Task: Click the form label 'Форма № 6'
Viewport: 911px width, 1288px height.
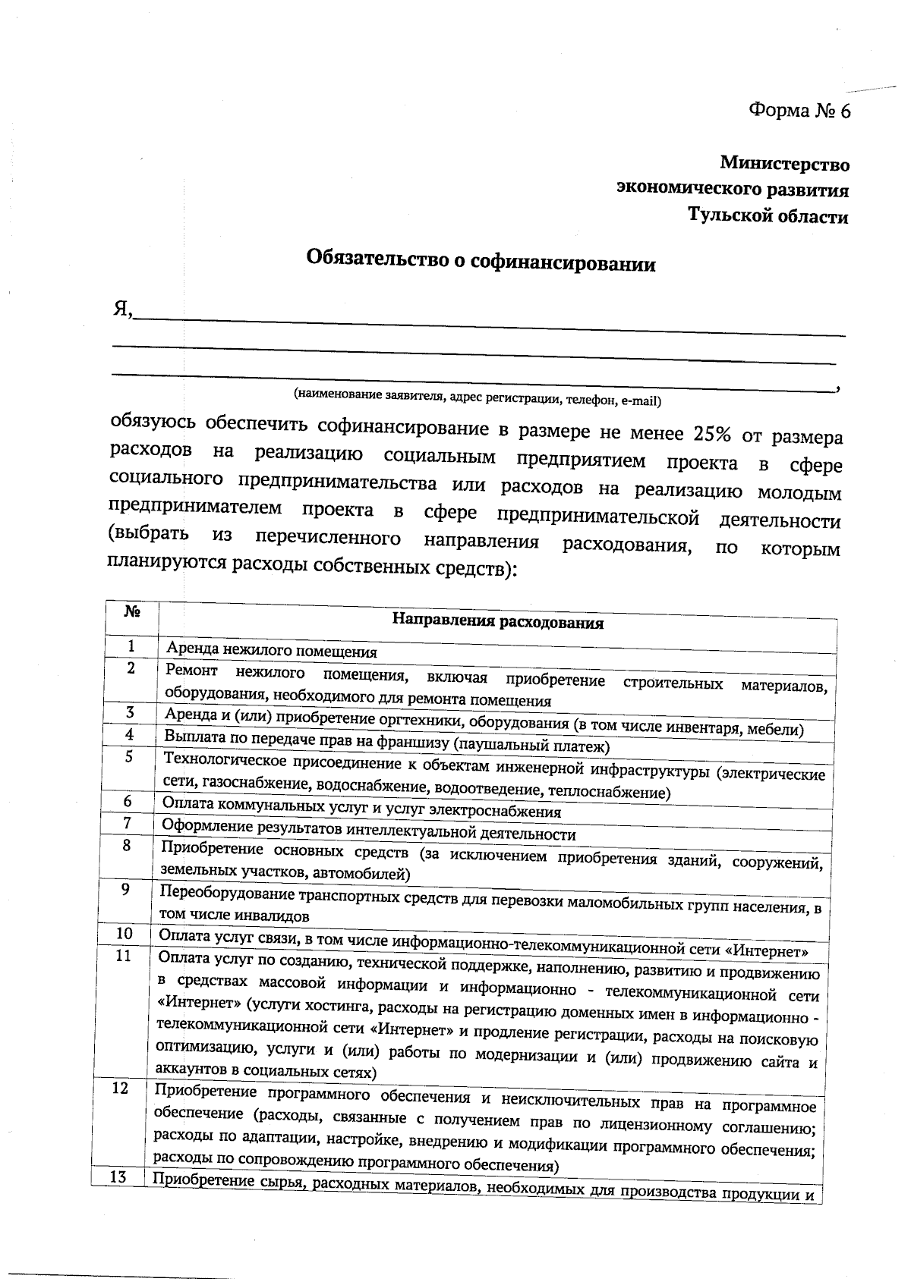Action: (799, 112)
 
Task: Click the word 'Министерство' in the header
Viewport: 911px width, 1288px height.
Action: (784, 163)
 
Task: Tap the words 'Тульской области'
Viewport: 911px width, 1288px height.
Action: (768, 216)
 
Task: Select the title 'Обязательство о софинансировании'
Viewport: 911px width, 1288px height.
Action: (481, 262)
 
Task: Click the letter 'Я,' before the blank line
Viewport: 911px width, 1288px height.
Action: (123, 310)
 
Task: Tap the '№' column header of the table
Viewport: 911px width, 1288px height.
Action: (131, 611)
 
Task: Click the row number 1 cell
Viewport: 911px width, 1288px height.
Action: (131, 646)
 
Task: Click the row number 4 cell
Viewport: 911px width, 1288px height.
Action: (130, 734)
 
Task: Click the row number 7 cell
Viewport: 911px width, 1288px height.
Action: (128, 823)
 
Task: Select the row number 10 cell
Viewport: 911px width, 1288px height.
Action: (124, 933)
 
